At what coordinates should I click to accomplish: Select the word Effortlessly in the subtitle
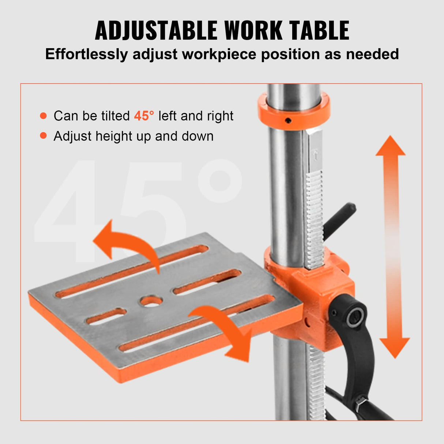click(87, 54)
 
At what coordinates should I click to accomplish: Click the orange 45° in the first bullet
click(144, 116)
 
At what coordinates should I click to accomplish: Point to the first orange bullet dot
click(44, 116)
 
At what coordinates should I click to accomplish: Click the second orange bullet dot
click(44, 136)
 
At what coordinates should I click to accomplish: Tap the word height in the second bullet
click(113, 136)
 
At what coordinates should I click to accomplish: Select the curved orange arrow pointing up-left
click(124, 243)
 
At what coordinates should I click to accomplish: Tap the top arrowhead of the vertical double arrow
click(391, 146)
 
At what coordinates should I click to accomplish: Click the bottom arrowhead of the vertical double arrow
click(394, 347)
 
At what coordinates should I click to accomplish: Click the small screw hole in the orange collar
click(289, 120)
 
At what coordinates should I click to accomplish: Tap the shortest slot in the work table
click(106, 316)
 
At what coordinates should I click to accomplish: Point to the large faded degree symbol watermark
click(219, 181)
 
